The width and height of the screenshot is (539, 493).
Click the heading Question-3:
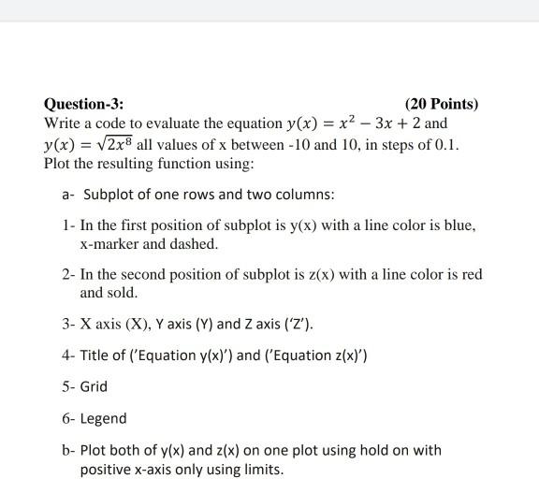click(83, 104)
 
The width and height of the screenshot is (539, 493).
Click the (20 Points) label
click(442, 104)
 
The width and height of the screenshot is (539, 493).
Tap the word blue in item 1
click(459, 226)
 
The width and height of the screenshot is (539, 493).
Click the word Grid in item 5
click(94, 386)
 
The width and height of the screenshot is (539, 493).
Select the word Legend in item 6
click(103, 418)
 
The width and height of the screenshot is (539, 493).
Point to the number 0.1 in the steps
click(444, 145)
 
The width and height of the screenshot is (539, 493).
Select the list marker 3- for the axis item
click(67, 325)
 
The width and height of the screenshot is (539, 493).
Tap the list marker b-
click(67, 450)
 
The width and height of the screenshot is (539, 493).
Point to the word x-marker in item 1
click(110, 243)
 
